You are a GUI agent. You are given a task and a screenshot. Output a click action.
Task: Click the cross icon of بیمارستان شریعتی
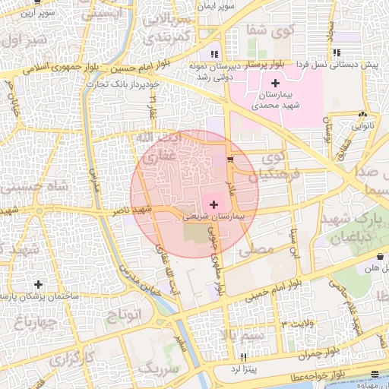click(x=213, y=204)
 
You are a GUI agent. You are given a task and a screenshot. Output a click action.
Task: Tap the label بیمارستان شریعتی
click(x=213, y=217)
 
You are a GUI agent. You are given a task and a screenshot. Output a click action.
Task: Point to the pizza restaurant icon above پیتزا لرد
click(x=244, y=357)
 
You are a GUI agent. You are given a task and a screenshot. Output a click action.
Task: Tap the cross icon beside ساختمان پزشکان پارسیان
click(x=39, y=284)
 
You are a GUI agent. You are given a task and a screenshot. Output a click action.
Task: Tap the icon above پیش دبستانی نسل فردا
click(x=337, y=53)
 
